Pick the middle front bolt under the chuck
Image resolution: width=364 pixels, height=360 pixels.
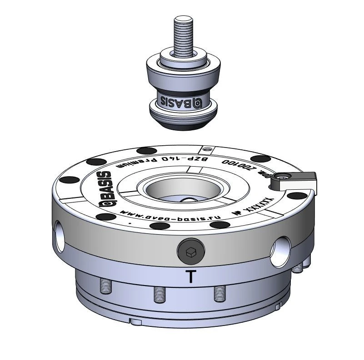pos(158,294)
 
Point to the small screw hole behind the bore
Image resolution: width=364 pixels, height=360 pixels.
pos(208,148)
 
